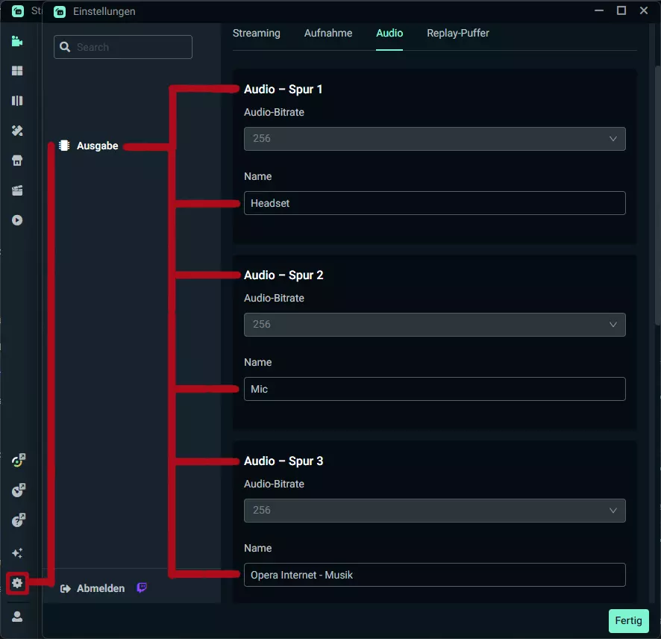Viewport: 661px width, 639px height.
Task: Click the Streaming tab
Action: (257, 33)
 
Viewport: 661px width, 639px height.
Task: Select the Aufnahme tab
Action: (328, 33)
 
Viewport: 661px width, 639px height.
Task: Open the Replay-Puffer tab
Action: (458, 33)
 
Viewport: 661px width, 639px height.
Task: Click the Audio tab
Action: (389, 33)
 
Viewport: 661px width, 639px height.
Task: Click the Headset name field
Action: (435, 203)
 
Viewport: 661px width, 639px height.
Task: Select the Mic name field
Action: (435, 389)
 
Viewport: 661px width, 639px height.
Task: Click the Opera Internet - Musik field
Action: (435, 575)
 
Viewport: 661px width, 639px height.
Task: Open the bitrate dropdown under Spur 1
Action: (435, 139)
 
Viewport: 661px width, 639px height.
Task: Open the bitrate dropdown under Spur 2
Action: (435, 325)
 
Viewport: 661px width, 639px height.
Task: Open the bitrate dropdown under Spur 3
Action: (435, 511)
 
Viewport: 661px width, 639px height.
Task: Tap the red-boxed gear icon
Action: (17, 583)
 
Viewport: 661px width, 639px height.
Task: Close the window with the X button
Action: (643, 10)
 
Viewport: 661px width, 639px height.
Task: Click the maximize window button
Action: (621, 10)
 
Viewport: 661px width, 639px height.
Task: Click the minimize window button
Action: (598, 10)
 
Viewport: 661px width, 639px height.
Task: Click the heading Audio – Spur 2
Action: (283, 275)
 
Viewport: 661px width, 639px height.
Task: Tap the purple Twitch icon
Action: (142, 587)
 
